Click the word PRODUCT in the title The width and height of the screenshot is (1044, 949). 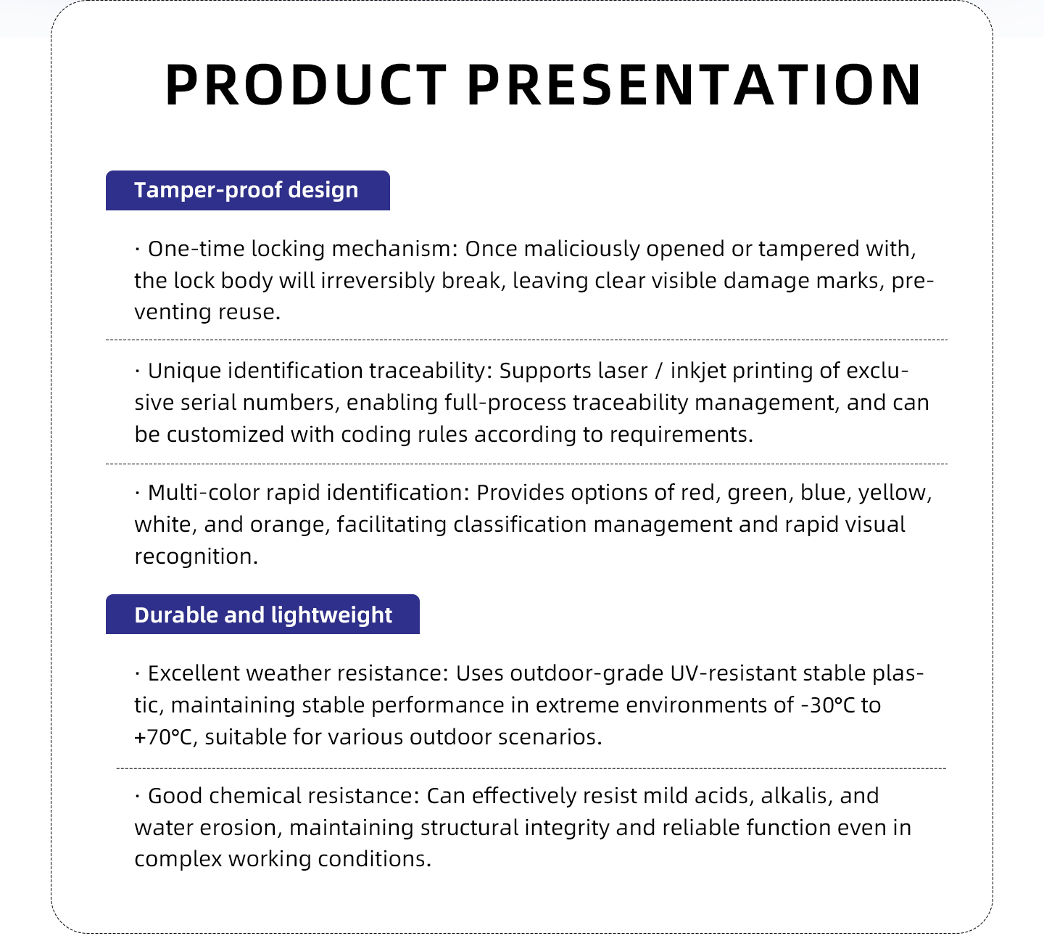[305, 85]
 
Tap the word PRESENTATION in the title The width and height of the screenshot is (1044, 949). [695, 85]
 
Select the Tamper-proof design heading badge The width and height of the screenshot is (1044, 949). [248, 190]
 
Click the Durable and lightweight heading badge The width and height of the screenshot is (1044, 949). [262, 614]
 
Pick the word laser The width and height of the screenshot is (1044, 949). [623, 371]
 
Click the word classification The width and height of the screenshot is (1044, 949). [519, 525]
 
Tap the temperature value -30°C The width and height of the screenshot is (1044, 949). [827, 705]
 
